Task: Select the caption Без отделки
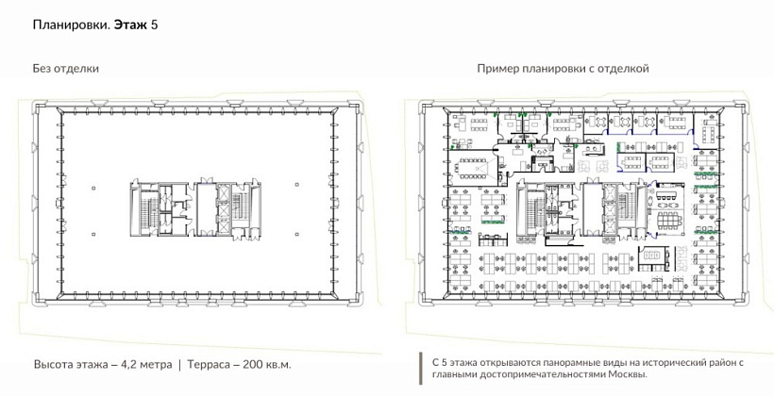[x=66, y=69]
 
